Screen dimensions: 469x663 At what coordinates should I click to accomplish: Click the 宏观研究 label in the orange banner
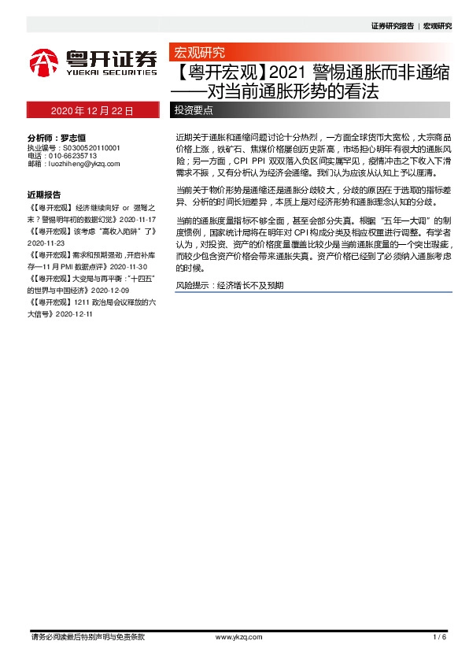(x=199, y=54)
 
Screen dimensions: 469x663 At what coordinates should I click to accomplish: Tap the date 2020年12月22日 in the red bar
(x=92, y=110)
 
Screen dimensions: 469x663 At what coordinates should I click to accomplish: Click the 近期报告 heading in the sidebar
(x=44, y=194)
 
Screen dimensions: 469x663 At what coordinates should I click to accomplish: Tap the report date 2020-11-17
(x=140, y=217)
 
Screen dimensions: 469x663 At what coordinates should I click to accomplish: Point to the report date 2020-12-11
(x=71, y=313)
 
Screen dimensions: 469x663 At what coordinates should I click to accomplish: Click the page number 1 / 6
(x=439, y=636)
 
